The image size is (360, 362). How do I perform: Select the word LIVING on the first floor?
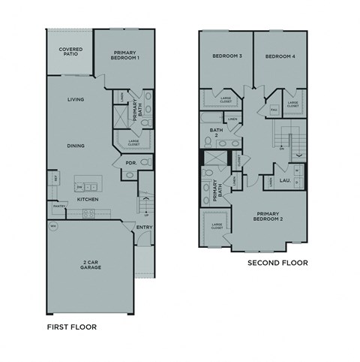(76, 100)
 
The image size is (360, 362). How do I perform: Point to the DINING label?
(75, 146)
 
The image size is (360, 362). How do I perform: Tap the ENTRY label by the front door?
(143, 228)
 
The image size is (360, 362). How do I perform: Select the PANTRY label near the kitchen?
(58, 205)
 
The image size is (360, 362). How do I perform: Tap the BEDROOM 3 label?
(226, 56)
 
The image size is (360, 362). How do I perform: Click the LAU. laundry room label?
(286, 180)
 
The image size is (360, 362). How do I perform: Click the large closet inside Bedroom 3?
(226, 98)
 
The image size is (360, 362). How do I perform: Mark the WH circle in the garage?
(52, 226)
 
